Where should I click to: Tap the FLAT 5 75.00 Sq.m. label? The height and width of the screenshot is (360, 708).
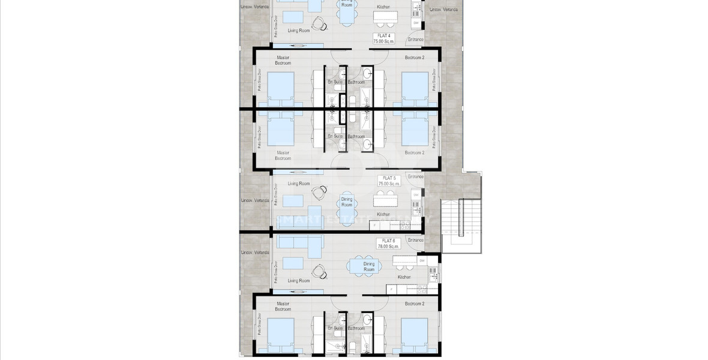(388, 181)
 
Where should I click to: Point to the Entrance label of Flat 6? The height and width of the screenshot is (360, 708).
(415, 239)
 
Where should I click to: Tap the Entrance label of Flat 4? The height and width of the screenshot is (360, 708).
(415, 40)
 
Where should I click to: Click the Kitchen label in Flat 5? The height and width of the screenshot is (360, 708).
(383, 214)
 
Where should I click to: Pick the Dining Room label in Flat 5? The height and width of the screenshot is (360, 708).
(347, 202)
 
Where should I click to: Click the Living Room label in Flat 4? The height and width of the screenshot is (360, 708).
(298, 30)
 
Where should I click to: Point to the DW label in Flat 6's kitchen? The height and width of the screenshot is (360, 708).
(422, 261)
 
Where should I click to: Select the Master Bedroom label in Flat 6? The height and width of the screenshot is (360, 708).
(283, 307)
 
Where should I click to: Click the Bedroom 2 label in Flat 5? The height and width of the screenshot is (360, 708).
(414, 153)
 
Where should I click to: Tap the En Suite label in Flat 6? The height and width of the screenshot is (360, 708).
(334, 328)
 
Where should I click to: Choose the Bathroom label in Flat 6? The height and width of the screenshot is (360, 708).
(356, 328)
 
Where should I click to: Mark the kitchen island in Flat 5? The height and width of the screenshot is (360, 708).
(383, 199)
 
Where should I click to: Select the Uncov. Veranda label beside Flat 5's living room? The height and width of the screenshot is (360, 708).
(254, 200)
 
